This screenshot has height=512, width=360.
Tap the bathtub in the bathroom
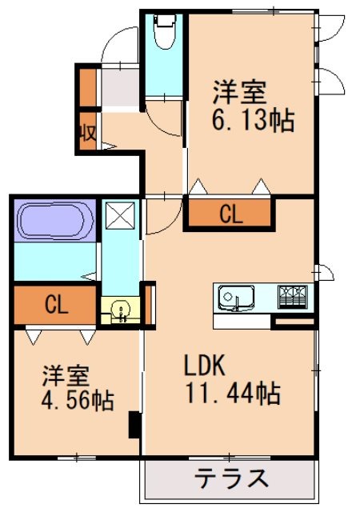pos(54,219)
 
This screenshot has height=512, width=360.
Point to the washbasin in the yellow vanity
pos(121,310)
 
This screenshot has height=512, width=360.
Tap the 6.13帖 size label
pos(254,122)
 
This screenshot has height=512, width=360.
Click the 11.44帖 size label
pos(232,393)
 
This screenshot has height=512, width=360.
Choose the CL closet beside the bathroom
pos(55,304)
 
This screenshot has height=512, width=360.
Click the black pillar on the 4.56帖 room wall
pos(134,424)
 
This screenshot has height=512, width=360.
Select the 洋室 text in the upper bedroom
pos(238,93)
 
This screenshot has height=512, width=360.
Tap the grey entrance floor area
pos(119,87)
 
